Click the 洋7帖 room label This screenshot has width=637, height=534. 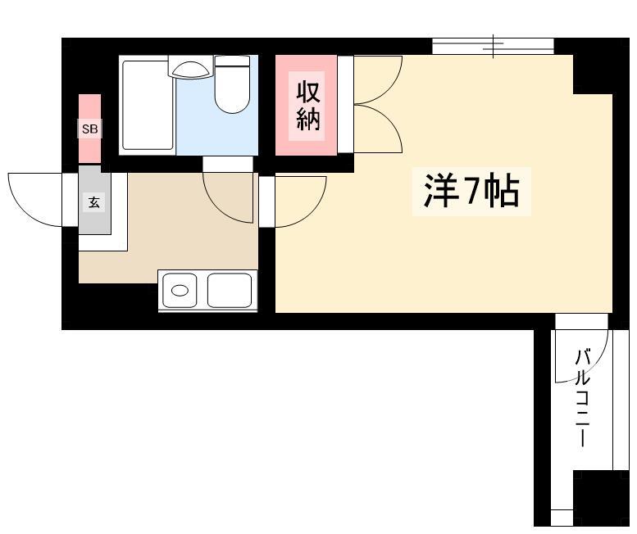click(471, 191)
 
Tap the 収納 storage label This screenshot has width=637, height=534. click(308, 106)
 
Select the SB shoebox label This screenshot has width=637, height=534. click(90, 129)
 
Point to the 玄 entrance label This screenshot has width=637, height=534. click(94, 201)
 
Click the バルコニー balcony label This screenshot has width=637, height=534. click(582, 397)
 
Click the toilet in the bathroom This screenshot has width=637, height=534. click(232, 84)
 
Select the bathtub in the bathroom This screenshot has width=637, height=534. click(148, 105)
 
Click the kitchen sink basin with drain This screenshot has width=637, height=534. click(180, 291)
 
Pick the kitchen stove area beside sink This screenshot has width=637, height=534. click(230, 291)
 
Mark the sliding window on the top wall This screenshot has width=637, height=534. click(493, 46)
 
